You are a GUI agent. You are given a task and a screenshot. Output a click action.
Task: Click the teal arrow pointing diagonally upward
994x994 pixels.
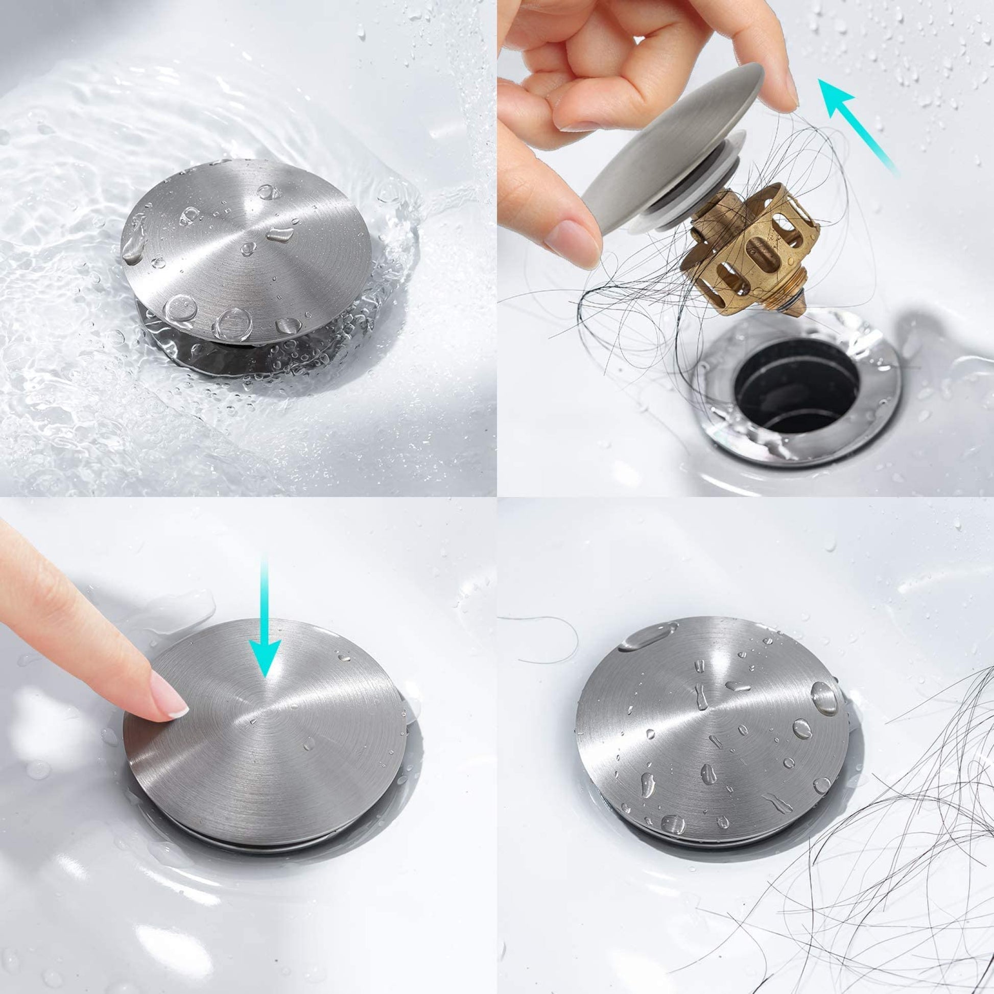point(857,126)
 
